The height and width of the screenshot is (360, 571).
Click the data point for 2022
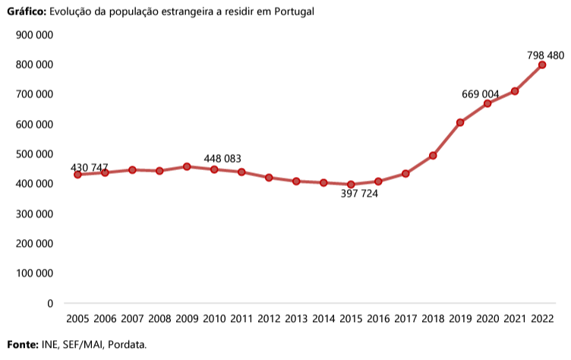point(542,65)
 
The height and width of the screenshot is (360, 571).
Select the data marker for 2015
point(351,185)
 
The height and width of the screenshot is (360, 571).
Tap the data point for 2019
point(460,122)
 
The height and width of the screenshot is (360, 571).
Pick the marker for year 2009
point(187,166)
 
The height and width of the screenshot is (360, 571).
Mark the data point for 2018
point(433,156)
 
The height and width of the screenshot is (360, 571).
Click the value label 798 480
point(545,55)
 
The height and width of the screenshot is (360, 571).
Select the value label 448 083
point(222,159)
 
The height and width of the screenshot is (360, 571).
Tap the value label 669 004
point(481,94)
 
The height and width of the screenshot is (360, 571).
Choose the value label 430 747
point(89,167)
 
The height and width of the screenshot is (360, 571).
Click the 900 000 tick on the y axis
point(34,35)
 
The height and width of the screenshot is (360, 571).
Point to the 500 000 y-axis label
point(34,154)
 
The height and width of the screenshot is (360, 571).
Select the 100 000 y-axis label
point(34,273)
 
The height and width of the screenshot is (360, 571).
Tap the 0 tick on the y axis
point(50,303)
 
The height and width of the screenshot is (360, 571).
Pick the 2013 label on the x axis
point(296,318)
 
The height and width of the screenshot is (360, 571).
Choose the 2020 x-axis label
point(487,318)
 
